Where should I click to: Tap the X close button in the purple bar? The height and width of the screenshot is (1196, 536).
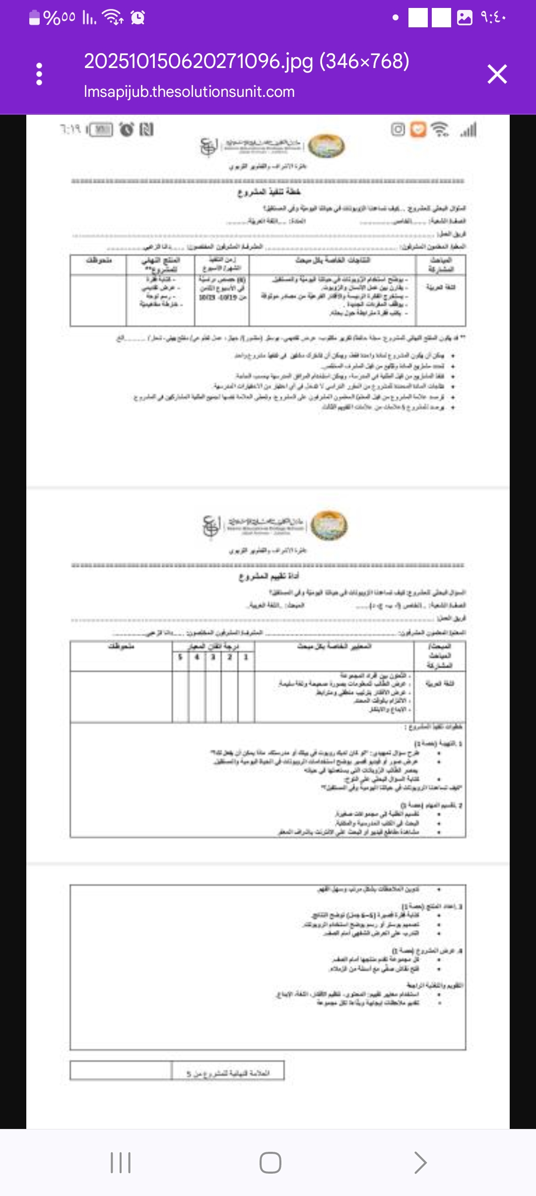pyautogui.click(x=497, y=75)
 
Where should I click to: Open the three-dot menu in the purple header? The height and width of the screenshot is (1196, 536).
pyautogui.click(x=39, y=75)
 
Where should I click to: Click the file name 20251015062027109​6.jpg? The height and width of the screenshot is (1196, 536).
pyautogui.click(x=247, y=62)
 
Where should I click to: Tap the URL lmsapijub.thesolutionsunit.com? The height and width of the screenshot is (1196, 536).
pyautogui.click(x=189, y=92)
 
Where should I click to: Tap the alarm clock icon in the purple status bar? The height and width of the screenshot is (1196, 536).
pyautogui.click(x=137, y=18)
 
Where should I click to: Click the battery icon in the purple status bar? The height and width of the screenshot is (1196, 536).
pyautogui.click(x=34, y=18)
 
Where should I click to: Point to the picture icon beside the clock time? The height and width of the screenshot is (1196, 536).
pyautogui.click(x=465, y=18)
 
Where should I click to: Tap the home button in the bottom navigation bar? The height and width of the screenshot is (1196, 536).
pyautogui.click(x=270, y=1162)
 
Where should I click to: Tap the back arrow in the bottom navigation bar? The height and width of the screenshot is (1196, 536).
pyautogui.click(x=420, y=1162)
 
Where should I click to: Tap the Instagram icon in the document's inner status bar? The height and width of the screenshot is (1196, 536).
pyautogui.click(x=398, y=130)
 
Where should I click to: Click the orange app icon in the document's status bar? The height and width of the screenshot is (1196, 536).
pyautogui.click(x=418, y=130)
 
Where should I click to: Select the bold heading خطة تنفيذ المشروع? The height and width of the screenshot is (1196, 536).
pyautogui.click(x=268, y=192)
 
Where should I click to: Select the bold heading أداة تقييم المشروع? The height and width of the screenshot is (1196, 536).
pyautogui.click(x=268, y=576)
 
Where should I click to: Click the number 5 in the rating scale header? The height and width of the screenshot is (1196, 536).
pyautogui.click(x=181, y=657)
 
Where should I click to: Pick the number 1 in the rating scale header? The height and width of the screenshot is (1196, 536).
pyautogui.click(x=246, y=657)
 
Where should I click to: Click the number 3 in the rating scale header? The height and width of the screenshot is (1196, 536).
pyautogui.click(x=213, y=657)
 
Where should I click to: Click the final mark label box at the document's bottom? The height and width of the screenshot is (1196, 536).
pyautogui.click(x=228, y=1073)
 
